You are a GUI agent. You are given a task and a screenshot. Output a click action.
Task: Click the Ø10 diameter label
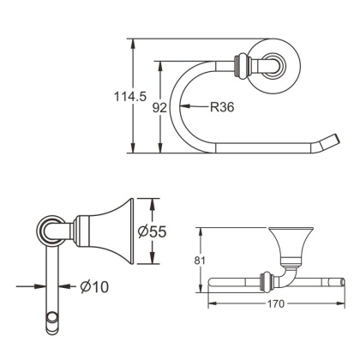(95, 287)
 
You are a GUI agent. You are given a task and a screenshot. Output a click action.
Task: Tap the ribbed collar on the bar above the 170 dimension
(264, 279)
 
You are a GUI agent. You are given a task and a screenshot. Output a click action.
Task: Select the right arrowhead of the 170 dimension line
(344, 302)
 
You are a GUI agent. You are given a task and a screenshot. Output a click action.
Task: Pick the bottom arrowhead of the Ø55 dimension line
(151, 262)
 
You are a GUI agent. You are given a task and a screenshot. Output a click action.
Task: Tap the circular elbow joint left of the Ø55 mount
(50, 230)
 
